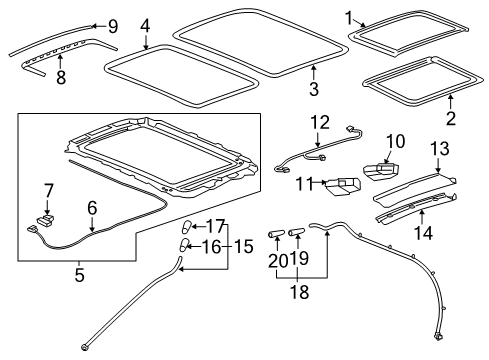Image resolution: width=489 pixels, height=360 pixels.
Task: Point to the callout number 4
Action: point(145,24)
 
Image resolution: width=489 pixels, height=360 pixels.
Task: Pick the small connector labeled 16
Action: point(184,244)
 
